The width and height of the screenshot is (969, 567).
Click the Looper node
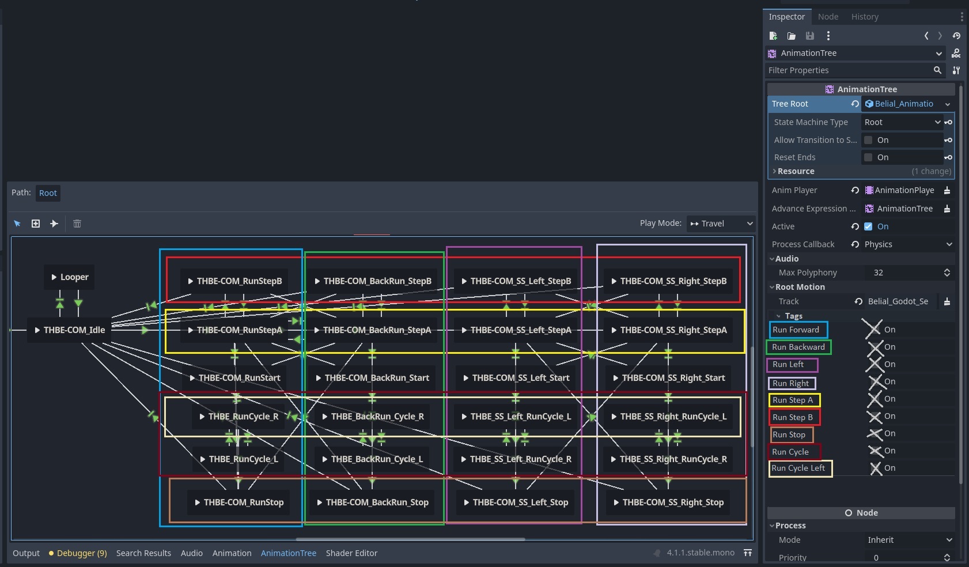(x=70, y=277)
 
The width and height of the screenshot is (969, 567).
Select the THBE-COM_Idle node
(x=70, y=330)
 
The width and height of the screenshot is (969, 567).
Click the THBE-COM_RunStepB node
(x=234, y=281)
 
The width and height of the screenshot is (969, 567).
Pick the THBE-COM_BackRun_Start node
(x=372, y=378)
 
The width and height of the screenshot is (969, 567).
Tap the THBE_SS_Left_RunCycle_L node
(x=516, y=417)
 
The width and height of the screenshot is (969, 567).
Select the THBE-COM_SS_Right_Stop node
(x=668, y=502)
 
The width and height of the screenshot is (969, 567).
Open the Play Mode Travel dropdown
(x=721, y=224)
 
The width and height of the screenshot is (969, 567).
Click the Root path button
(x=48, y=193)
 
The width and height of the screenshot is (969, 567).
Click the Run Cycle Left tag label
(x=798, y=468)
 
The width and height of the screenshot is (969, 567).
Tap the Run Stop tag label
(x=789, y=435)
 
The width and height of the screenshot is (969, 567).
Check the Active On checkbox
(x=868, y=226)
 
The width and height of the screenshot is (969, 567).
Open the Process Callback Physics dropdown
(x=907, y=244)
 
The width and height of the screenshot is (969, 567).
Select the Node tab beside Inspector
(x=828, y=17)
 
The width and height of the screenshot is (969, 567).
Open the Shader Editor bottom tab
(x=351, y=553)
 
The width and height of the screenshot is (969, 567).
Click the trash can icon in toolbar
(x=77, y=224)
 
